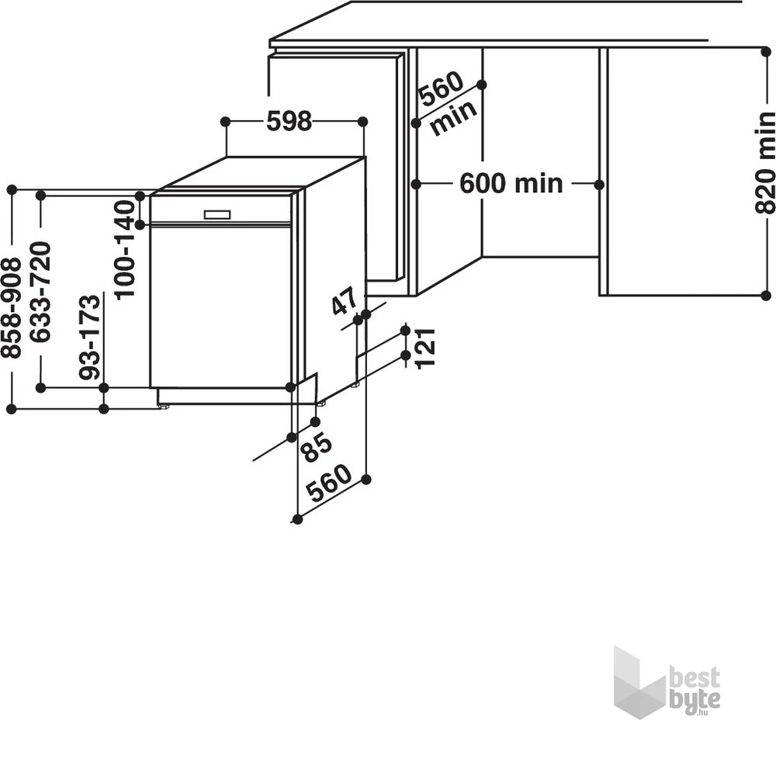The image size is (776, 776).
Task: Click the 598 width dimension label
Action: click(x=289, y=122)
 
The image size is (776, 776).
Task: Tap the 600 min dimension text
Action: click(x=511, y=184)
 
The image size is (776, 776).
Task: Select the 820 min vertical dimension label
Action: click(x=765, y=162)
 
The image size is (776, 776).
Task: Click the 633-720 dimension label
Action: click(x=40, y=292)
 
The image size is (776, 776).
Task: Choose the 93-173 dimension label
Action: click(x=90, y=337)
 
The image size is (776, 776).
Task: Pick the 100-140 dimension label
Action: click(x=124, y=249)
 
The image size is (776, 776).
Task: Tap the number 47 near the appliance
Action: click(x=344, y=301)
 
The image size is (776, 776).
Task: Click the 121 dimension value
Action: click(x=425, y=348)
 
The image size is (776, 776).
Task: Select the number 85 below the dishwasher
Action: click(x=317, y=446)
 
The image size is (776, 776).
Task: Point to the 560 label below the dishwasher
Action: click(x=328, y=483)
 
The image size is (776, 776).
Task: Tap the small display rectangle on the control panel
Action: click(x=217, y=214)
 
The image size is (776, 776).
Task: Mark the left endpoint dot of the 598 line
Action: click(x=225, y=122)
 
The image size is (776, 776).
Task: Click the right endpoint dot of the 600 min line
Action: click(x=599, y=185)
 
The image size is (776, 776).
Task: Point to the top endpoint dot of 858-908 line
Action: click(x=12, y=189)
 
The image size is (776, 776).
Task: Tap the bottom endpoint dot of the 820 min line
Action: click(x=765, y=296)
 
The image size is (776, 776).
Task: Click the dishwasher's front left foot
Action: click(x=164, y=404)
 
